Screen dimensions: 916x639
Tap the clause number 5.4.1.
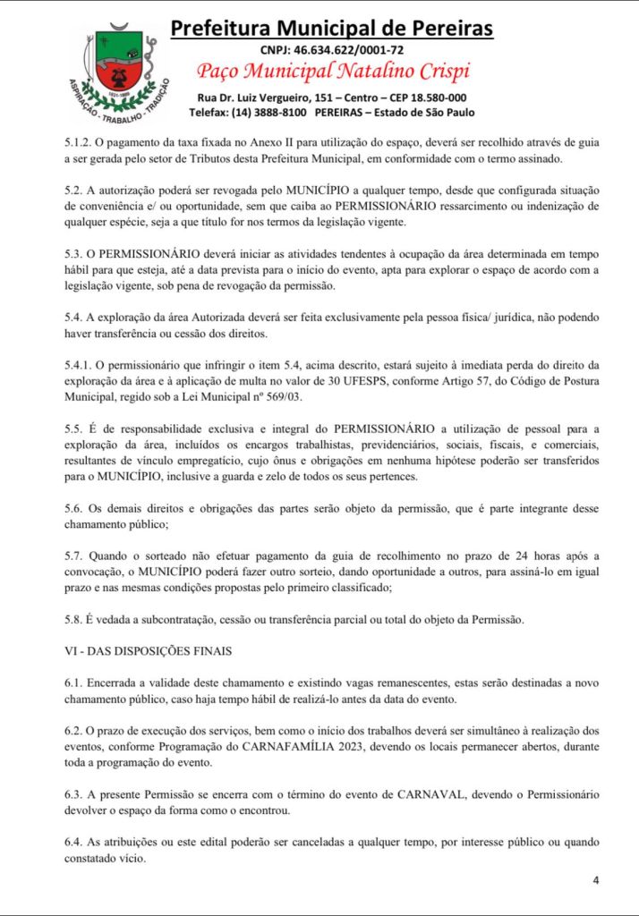pyautogui.click(x=78, y=364)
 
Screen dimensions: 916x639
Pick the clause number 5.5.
pyautogui.click(x=73, y=429)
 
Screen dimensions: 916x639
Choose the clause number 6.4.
pyautogui.click(x=73, y=842)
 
